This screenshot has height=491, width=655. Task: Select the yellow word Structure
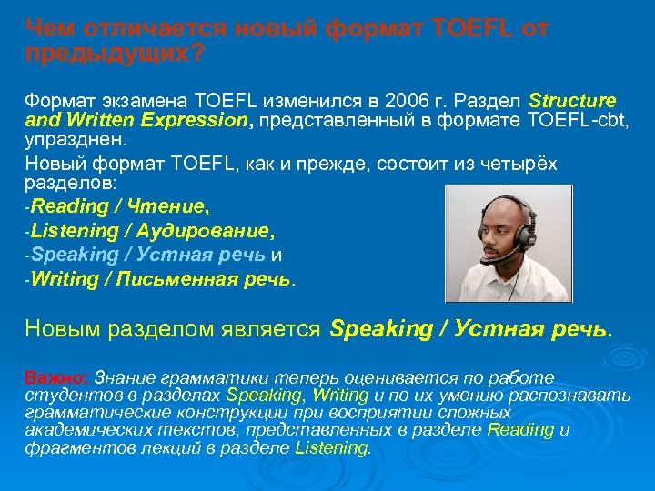pos(572,99)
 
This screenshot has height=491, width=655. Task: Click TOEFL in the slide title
pos(465,30)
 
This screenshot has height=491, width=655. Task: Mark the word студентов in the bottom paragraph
pos(62,396)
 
